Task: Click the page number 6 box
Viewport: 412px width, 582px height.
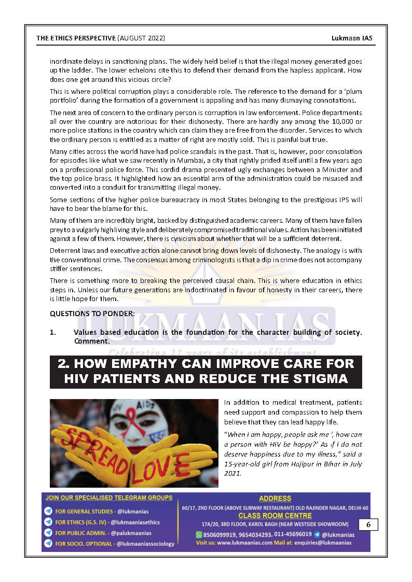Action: coord(368,524)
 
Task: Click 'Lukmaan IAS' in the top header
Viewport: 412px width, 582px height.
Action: coord(353,38)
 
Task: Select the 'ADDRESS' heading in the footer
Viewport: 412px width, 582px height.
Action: coord(275,499)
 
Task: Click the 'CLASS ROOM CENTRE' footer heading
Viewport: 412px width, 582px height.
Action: coord(275,516)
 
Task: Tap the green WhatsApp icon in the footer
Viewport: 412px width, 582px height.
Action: coord(199,534)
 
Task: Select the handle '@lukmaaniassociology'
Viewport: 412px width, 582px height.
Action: coord(145,544)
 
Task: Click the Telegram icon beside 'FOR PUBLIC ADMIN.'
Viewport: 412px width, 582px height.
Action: coord(48,533)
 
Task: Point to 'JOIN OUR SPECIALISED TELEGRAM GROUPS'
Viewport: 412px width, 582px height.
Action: coord(109,498)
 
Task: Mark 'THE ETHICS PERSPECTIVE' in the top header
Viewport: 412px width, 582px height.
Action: coord(76,38)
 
